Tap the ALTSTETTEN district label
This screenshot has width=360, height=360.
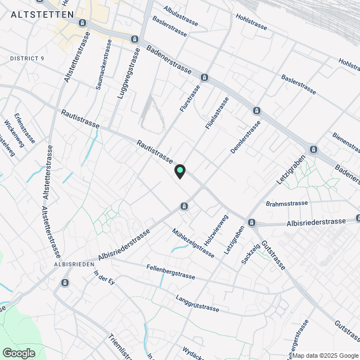pos(43,15)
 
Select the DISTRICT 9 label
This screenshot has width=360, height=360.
pos(26,58)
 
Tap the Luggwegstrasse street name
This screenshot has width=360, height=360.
pos(129,72)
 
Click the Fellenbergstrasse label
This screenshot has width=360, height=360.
pos(170,272)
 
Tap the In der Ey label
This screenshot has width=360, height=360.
pos(104,278)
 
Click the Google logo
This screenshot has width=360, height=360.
pos(19,353)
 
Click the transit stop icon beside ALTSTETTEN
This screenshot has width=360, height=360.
pos(83,23)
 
